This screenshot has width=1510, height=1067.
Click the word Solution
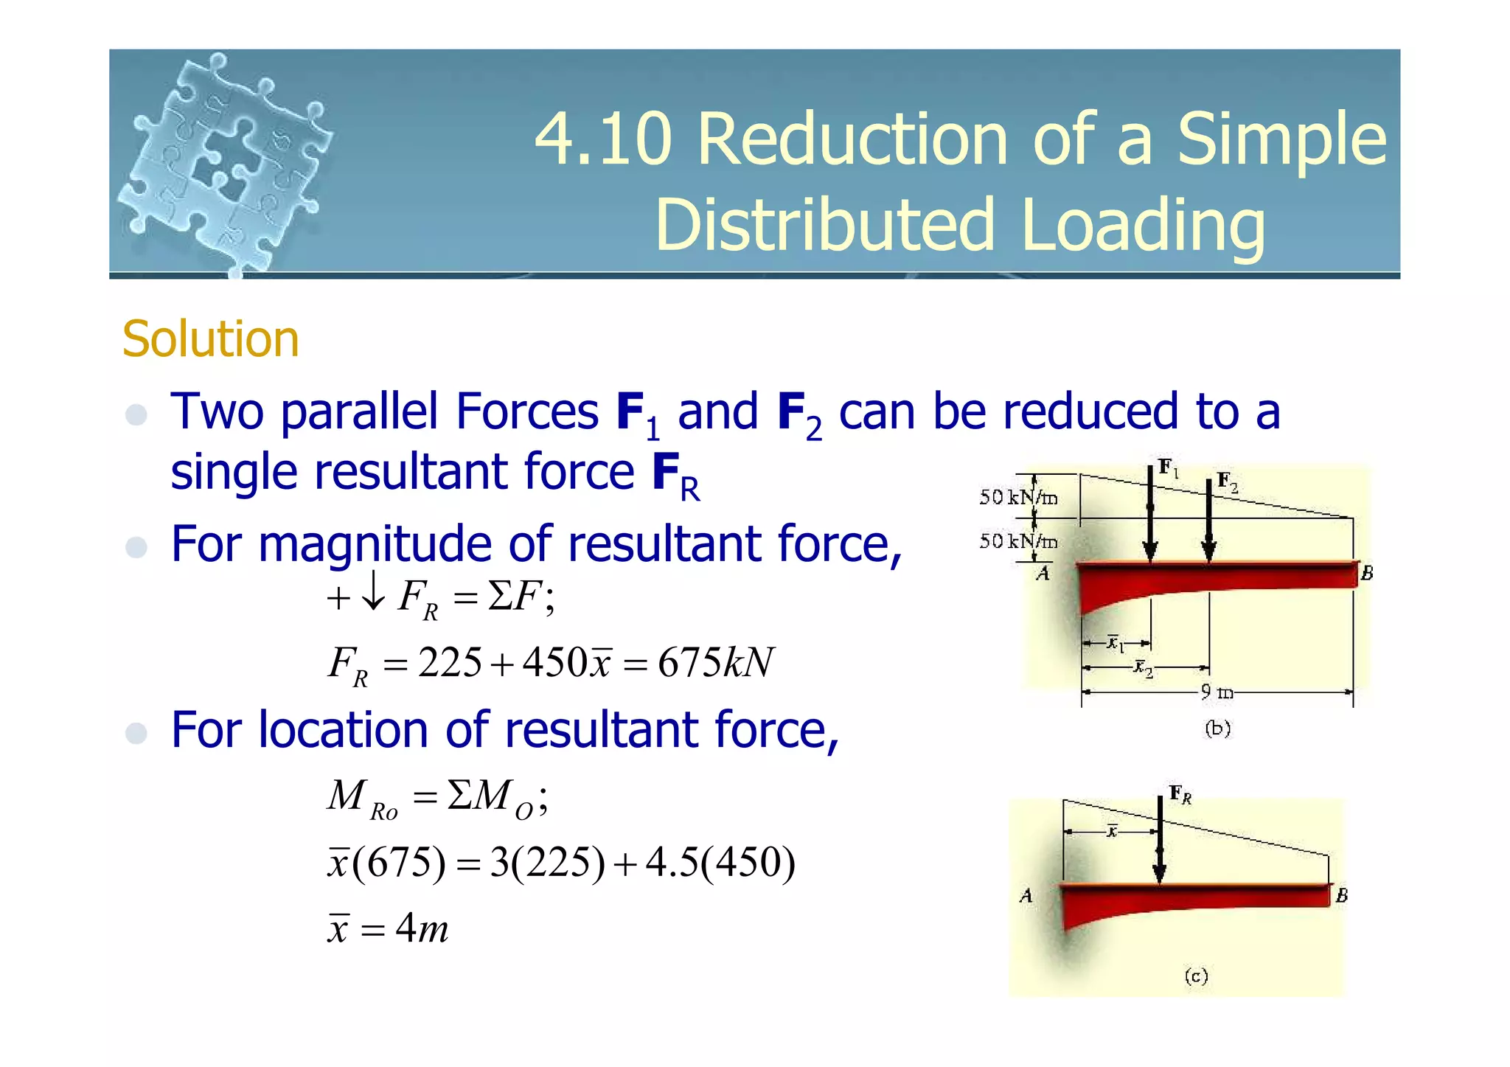tap(210, 339)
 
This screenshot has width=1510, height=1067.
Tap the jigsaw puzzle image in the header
tap(225, 162)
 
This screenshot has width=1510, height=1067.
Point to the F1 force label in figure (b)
tap(1168, 467)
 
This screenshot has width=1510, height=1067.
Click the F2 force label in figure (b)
tap(1227, 482)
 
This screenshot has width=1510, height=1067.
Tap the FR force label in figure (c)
tap(1180, 794)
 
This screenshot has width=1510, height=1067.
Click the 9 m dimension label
tap(1216, 692)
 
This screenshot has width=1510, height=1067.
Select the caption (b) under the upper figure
tap(1217, 729)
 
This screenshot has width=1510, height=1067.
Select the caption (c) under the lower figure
tap(1196, 976)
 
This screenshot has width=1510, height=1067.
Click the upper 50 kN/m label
tap(1018, 498)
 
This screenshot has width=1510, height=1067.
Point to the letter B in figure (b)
tap(1366, 573)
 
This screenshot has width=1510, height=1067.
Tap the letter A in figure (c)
tap(1026, 896)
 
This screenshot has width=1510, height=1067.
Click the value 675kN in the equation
tap(715, 662)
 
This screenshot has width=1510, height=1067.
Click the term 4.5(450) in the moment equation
tap(720, 862)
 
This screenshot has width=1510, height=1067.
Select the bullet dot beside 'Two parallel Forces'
tap(136, 414)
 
